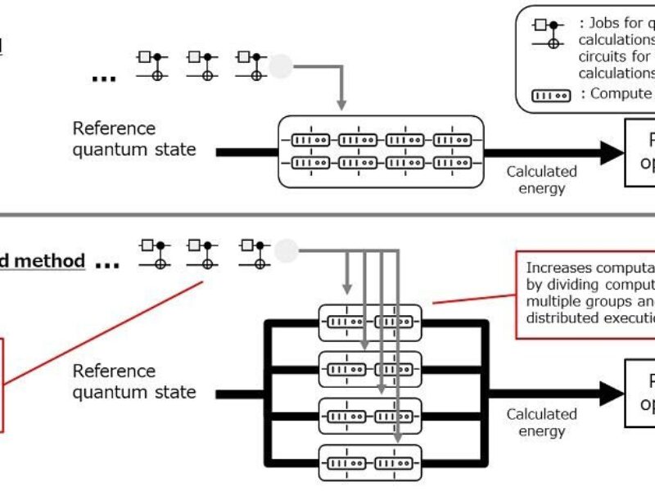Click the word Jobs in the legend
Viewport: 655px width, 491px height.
(603, 24)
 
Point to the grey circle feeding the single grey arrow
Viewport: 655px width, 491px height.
(282, 64)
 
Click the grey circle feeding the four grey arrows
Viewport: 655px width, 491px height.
(287, 250)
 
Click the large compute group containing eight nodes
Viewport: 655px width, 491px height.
(382, 151)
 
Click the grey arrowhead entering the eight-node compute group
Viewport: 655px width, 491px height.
(342, 106)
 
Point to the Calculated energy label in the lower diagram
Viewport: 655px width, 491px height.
(541, 422)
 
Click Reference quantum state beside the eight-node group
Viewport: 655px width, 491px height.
(134, 139)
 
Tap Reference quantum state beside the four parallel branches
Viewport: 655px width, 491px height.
(134, 381)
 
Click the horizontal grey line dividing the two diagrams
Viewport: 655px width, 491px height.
(327, 215)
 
